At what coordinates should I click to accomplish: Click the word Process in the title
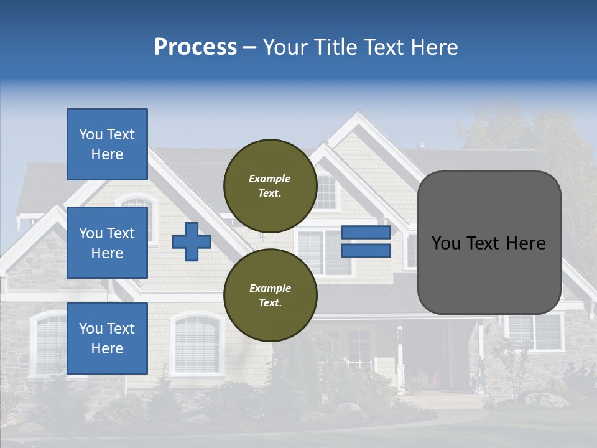[195, 47]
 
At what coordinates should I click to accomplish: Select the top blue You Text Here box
[107, 144]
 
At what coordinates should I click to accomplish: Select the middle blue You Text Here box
[107, 243]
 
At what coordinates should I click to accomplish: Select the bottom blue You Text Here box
[107, 338]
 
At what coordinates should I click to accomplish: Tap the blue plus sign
[192, 241]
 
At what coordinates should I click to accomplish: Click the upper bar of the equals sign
[366, 232]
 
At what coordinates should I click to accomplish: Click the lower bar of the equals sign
[366, 251]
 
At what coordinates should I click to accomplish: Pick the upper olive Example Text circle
[270, 185]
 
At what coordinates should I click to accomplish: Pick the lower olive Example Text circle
[270, 295]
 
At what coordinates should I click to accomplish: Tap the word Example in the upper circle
[269, 179]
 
